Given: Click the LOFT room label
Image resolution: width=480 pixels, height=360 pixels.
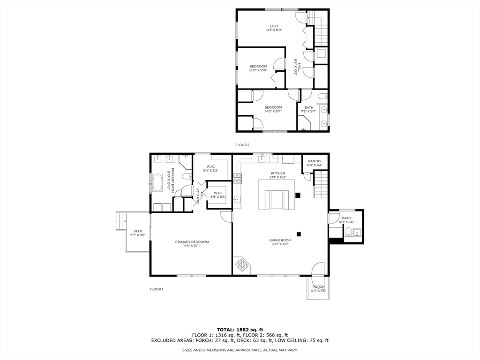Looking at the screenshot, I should [x=274, y=26].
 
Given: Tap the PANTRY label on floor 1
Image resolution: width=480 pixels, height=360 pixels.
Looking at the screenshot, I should [x=315, y=161].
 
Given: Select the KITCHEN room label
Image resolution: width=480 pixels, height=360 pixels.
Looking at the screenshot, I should [x=277, y=173].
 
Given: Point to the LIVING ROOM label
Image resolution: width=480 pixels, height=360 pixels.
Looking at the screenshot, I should [x=280, y=240].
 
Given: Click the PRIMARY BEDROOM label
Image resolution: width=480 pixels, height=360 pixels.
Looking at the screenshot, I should [x=192, y=242].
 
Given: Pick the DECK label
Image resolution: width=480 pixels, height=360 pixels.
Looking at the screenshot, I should [x=137, y=231].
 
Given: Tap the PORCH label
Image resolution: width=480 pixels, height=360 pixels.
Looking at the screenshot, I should [x=318, y=286].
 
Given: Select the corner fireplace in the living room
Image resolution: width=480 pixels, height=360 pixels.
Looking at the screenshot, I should [x=242, y=265].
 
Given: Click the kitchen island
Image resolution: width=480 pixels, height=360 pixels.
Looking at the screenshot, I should [x=277, y=199].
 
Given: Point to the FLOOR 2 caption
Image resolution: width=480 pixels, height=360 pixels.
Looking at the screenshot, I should [x=242, y=145].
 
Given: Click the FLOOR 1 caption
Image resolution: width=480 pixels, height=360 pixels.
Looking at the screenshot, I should [x=156, y=289].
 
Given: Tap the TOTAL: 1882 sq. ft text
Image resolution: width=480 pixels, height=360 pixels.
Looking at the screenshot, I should [x=240, y=329].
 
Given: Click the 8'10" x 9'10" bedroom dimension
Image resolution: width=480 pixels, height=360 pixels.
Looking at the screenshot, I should [x=258, y=70].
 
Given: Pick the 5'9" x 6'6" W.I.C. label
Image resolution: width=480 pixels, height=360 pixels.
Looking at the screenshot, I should [x=218, y=197].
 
